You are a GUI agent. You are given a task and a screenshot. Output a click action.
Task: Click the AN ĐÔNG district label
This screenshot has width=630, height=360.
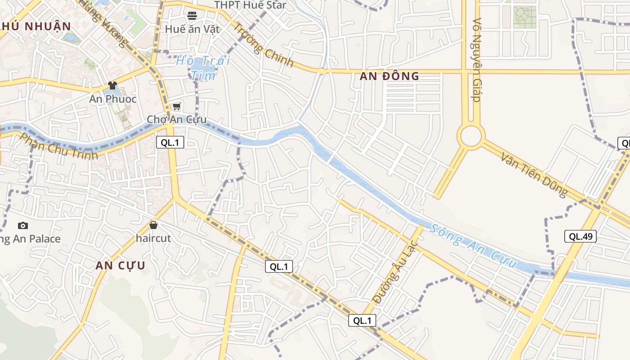[389, 76]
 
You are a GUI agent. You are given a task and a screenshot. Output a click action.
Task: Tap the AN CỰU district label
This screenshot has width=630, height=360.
[120, 265]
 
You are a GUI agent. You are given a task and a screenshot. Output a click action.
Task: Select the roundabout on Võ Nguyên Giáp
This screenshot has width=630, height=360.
[471, 136]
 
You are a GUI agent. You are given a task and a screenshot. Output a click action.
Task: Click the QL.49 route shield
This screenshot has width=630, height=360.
[580, 236]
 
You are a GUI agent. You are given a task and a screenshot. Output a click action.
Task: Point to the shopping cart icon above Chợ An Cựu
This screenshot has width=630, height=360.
[176, 107]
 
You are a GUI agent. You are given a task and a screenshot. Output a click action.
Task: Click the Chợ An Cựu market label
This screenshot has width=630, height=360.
[177, 119]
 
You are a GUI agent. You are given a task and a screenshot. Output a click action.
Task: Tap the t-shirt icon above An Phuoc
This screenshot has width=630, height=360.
[112, 85]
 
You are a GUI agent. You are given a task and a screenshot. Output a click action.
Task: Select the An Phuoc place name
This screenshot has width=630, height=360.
[112, 99]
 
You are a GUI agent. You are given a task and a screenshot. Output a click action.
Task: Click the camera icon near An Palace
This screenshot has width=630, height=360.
[22, 225]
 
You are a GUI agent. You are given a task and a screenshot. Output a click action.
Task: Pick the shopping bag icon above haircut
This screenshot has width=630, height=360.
[153, 225]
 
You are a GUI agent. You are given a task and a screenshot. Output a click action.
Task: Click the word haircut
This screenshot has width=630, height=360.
[153, 238]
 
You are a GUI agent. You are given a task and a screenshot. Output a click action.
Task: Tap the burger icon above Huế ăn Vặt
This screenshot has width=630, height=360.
[192, 16]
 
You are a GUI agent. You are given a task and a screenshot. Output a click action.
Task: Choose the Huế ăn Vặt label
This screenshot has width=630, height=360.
[192, 29]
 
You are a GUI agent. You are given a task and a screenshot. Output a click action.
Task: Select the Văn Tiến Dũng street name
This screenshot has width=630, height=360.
[534, 174]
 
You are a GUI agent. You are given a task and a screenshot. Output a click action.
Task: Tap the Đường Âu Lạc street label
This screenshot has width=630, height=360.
[396, 273]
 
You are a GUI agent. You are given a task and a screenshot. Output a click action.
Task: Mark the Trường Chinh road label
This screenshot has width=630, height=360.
[262, 45]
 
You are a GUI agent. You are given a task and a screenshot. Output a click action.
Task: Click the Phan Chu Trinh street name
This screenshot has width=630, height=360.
[59, 147]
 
